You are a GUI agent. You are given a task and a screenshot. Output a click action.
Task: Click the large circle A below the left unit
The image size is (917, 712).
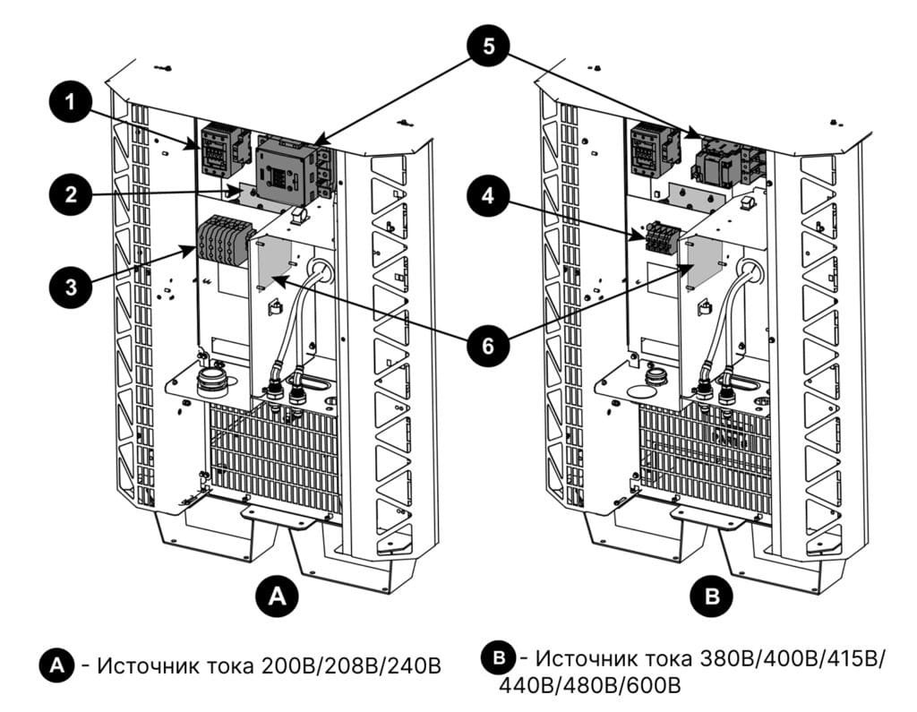(x=278, y=595)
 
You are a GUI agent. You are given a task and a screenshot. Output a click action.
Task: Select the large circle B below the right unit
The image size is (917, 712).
(x=713, y=595)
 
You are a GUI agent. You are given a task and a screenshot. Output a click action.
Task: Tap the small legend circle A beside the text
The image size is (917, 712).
(x=57, y=665)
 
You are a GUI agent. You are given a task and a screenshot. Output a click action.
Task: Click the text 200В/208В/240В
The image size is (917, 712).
(x=353, y=666)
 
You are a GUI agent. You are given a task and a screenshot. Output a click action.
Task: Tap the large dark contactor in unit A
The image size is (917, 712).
(x=286, y=170)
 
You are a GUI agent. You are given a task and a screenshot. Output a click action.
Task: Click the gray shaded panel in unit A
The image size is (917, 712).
(x=275, y=260)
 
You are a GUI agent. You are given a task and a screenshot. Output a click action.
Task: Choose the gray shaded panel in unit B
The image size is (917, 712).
(x=702, y=262)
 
